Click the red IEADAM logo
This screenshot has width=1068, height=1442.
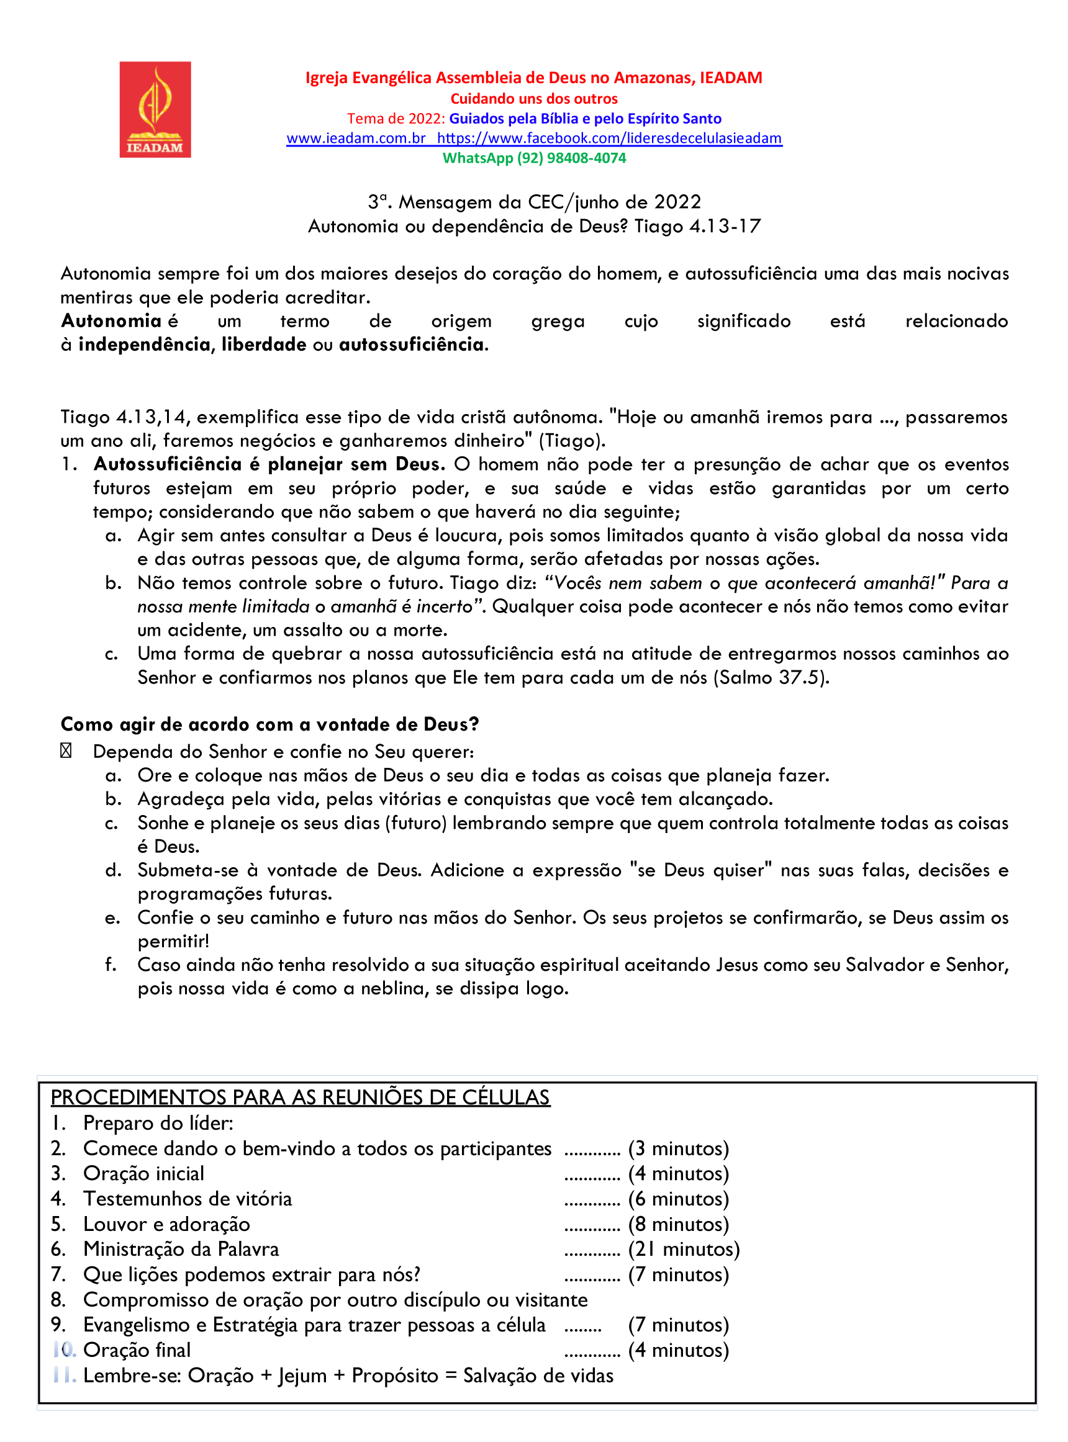155,109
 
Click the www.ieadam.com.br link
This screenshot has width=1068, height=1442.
356,138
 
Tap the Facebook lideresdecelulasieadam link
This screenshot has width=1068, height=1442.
609,138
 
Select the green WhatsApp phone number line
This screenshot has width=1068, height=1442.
534,158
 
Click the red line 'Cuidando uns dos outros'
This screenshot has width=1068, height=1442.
534,99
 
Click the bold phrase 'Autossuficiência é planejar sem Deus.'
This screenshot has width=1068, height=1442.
269,464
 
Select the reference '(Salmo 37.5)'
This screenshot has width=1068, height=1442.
771,677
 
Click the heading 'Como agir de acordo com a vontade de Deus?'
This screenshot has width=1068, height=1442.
269,724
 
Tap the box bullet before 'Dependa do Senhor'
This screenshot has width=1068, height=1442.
66,751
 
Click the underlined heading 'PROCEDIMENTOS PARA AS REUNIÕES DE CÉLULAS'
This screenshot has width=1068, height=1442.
300,1097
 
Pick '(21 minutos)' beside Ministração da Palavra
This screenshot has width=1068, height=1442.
684,1250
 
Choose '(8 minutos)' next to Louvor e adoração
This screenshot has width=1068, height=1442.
678,1224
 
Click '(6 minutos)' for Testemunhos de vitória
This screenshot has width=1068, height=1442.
678,1199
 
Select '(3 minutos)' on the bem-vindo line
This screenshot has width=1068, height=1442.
678,1148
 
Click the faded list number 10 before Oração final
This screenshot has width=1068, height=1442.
65,1350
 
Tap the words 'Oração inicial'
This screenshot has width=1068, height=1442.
143,1174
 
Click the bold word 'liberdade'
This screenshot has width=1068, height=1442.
264,345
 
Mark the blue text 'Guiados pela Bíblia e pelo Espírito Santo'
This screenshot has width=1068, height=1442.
585,119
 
